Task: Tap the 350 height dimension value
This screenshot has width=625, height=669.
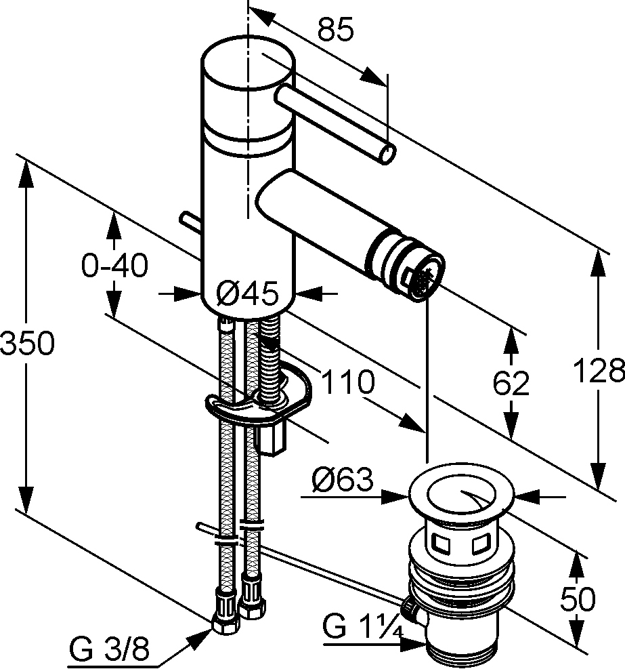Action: pyautogui.click(x=26, y=344)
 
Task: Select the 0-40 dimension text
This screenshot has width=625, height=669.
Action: pyautogui.click(x=114, y=266)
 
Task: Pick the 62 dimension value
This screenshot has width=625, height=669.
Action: pyautogui.click(x=511, y=384)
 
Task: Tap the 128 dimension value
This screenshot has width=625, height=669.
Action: pyautogui.click(x=599, y=371)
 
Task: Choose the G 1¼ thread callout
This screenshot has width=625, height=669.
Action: pyautogui.click(x=362, y=626)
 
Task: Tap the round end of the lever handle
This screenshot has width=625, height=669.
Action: pyautogui.click(x=386, y=154)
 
